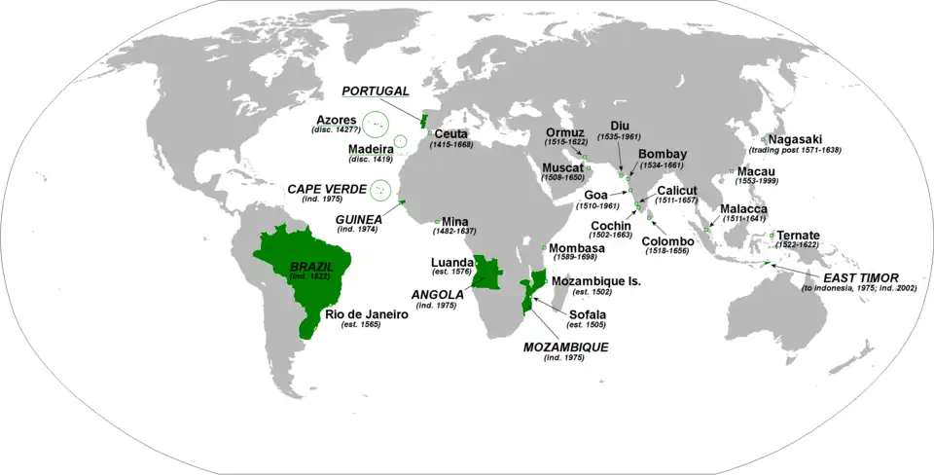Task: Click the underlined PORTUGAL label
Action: coord(375,91)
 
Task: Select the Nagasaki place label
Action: coord(799,139)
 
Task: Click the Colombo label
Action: coord(666,240)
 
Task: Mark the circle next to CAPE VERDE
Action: coord(371,191)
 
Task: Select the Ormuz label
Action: coord(564,132)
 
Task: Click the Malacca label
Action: coord(744,209)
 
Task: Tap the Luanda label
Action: coord(452,263)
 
